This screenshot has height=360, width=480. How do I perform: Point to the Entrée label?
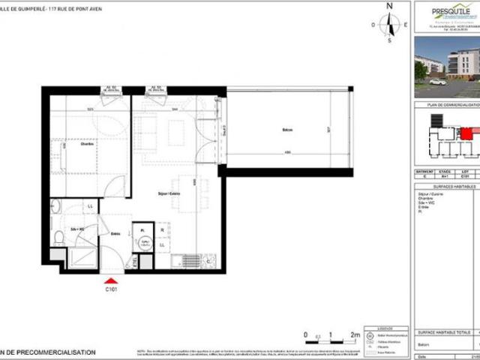pos(116,233)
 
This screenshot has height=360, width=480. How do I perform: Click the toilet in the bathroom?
pos(58,238)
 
